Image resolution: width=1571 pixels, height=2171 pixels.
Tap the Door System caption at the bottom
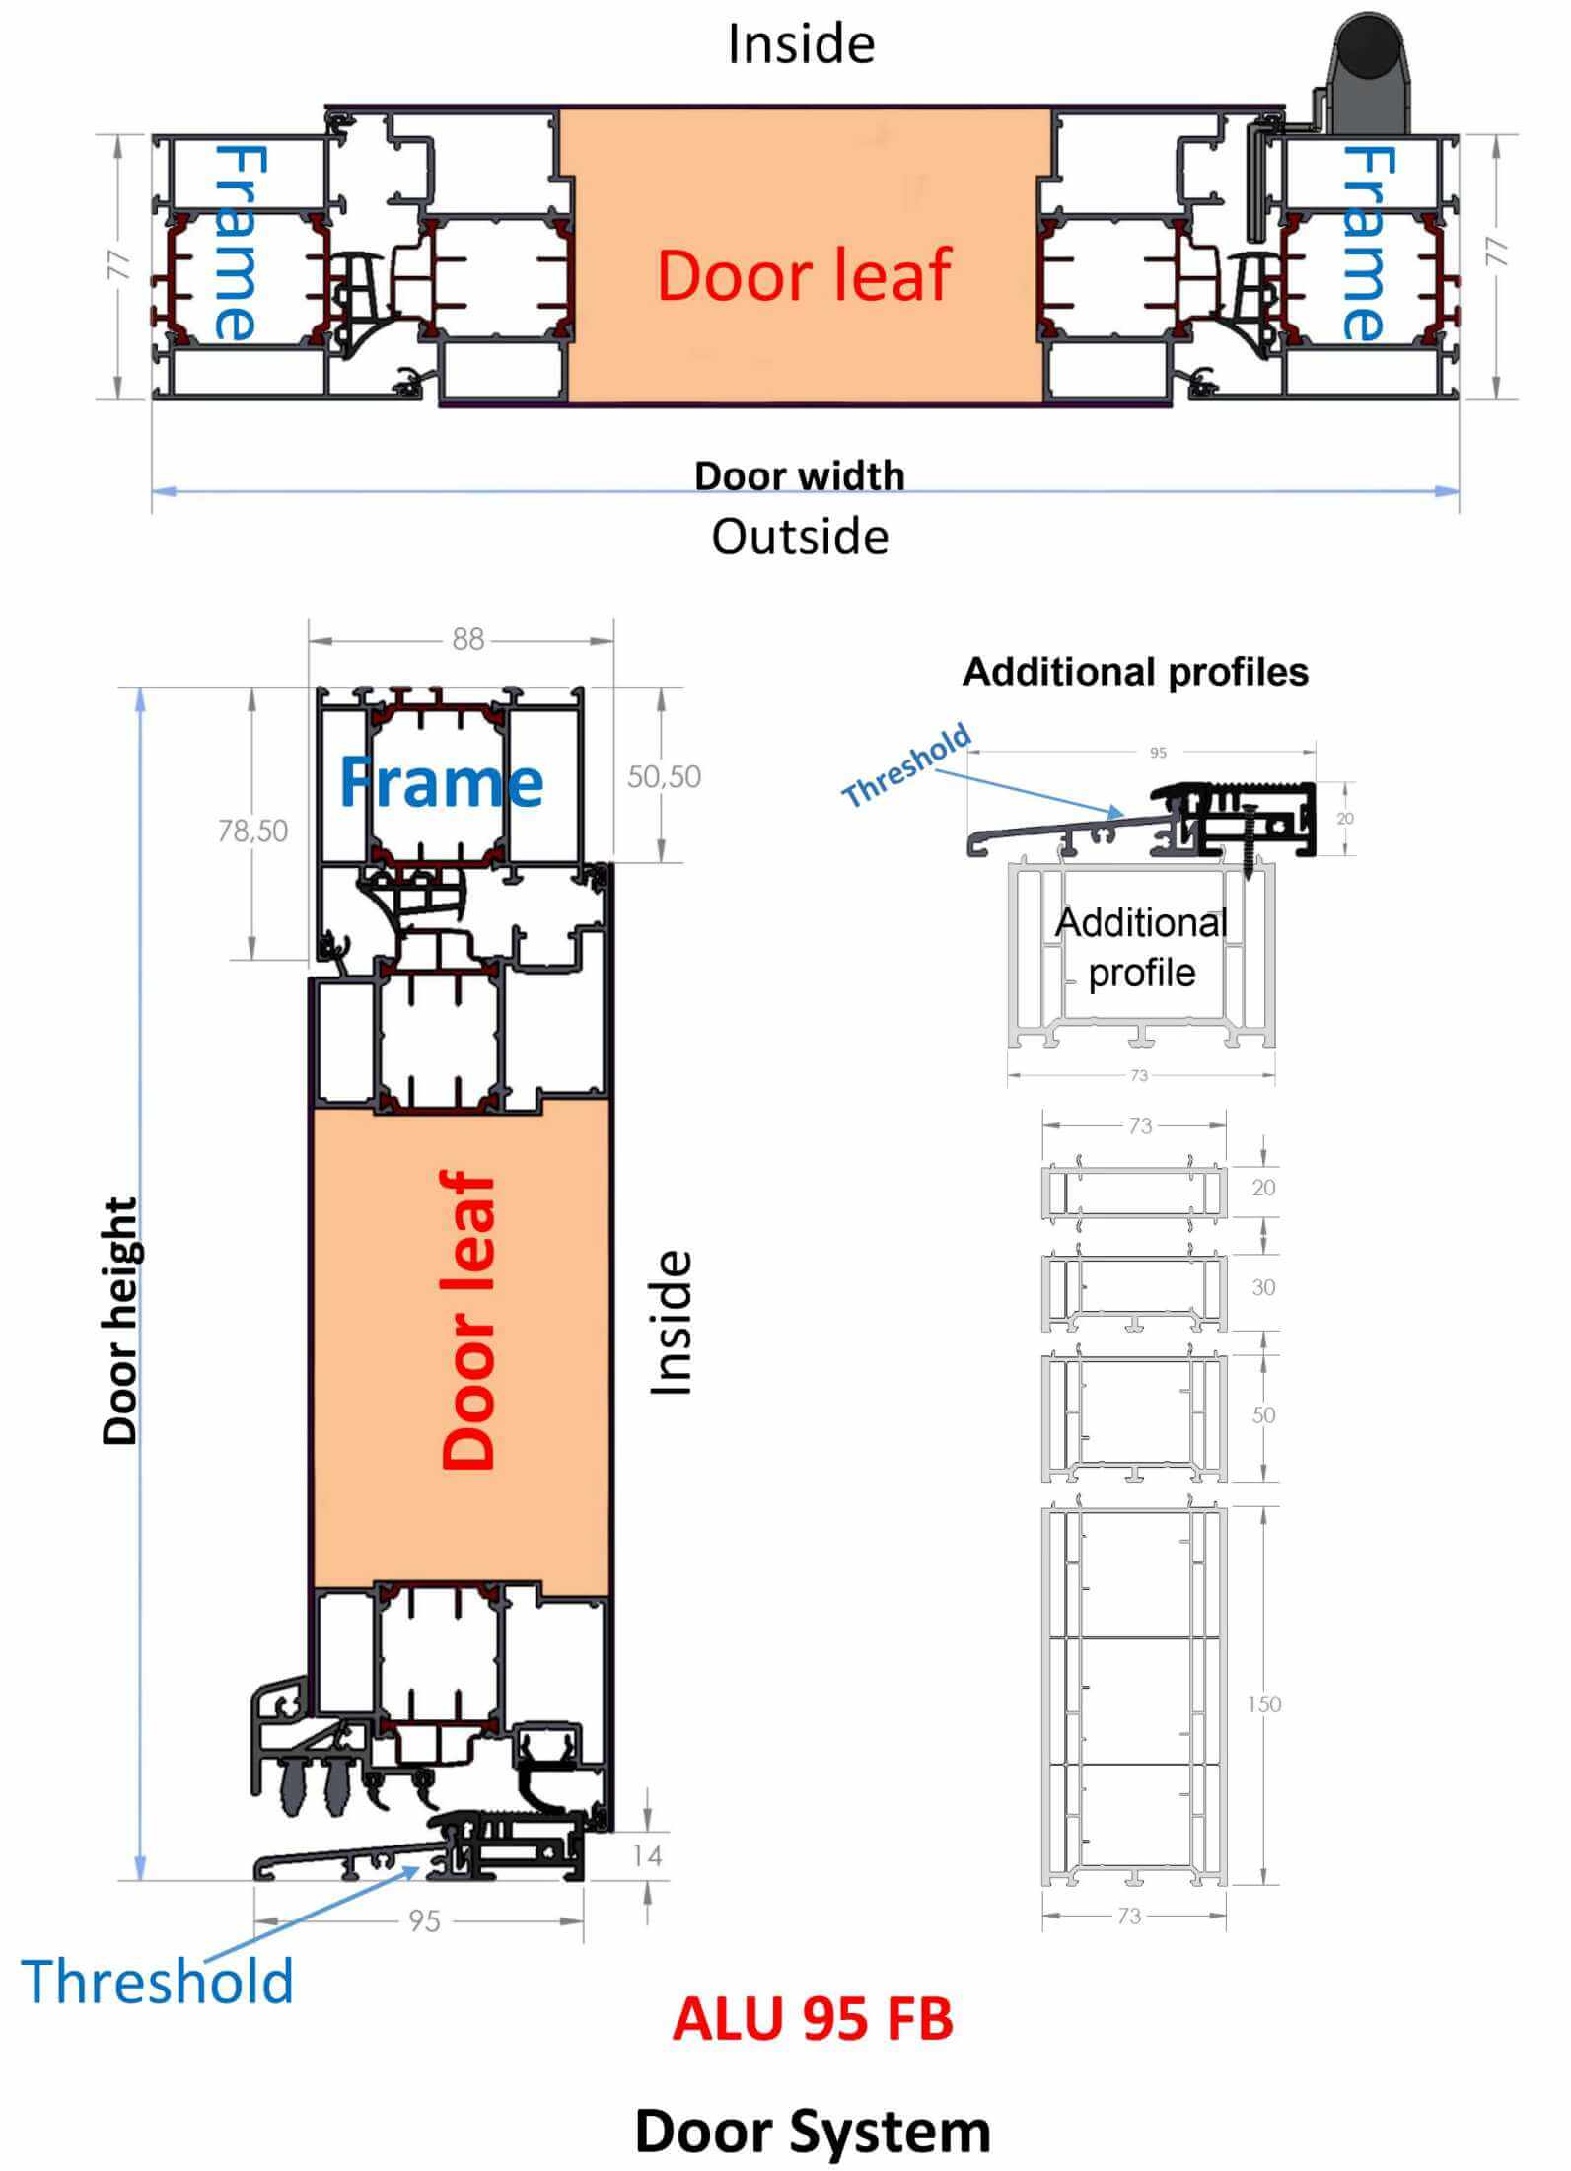[813, 2131]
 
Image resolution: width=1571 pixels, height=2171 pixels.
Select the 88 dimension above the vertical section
[467, 640]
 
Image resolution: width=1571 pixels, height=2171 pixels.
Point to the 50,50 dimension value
[664, 776]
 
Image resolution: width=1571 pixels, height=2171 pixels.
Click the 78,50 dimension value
[253, 831]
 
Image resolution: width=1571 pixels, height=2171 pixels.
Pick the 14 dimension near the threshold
[647, 1855]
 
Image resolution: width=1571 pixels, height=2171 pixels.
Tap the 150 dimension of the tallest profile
[1263, 1703]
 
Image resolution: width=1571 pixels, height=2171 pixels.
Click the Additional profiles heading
[1135, 672]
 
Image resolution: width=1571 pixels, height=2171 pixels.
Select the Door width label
[800, 475]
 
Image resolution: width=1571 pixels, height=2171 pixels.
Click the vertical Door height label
[120, 1322]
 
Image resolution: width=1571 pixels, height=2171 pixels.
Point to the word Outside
[800, 537]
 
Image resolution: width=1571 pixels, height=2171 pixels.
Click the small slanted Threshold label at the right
[906, 765]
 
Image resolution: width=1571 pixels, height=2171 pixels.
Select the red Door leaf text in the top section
[804, 274]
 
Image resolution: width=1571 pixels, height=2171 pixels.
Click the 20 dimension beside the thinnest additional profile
[1263, 1188]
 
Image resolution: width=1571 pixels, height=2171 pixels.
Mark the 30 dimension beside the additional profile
[1263, 1287]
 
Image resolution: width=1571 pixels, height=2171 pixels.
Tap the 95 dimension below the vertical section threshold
[424, 1920]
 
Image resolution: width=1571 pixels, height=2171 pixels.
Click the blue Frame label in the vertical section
[441, 782]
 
